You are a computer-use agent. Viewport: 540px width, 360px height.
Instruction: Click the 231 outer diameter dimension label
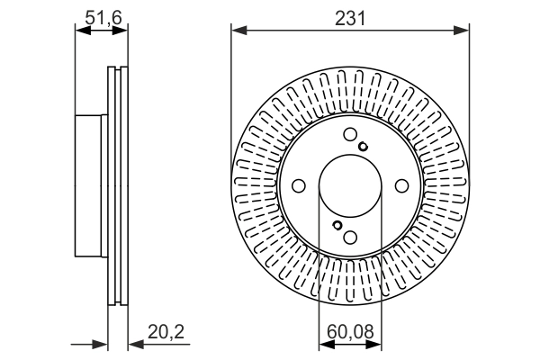point(351,17)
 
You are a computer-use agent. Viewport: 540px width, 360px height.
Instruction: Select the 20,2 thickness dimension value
point(167,333)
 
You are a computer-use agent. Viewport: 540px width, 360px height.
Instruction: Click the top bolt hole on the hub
point(349,136)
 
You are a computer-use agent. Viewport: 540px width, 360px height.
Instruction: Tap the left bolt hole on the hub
point(298,186)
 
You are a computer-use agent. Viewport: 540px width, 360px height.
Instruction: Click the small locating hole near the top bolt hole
point(363,148)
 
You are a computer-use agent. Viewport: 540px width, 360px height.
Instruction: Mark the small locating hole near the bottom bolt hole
point(336,225)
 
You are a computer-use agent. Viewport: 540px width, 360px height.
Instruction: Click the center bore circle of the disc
point(349,186)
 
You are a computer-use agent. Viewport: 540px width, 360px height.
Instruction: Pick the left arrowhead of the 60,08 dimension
point(325,343)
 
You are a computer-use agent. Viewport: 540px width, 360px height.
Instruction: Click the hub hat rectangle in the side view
point(91,186)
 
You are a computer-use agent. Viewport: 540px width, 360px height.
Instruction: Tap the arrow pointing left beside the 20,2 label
point(135,343)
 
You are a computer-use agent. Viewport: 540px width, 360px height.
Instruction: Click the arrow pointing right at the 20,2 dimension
point(102,343)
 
